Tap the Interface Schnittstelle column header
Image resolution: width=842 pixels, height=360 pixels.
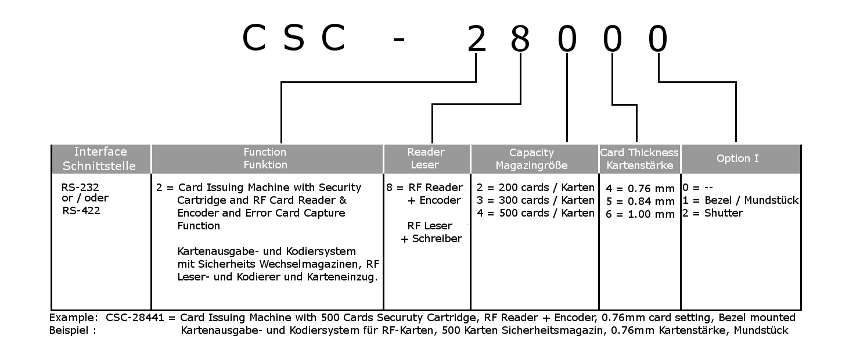point(100,159)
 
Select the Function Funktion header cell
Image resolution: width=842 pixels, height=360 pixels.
point(265,159)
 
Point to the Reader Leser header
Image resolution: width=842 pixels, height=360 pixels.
point(426,159)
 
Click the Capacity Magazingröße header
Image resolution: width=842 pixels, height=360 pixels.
point(531,159)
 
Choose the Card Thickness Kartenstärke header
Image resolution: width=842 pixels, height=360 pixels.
point(639,159)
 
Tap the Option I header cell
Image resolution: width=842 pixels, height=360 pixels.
point(737,159)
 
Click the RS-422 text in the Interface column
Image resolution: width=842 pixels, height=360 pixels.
point(81,211)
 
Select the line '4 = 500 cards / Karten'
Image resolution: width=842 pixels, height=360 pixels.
point(535,213)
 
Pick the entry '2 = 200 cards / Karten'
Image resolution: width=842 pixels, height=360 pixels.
point(535,188)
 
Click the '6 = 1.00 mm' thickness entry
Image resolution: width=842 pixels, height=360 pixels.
point(640,214)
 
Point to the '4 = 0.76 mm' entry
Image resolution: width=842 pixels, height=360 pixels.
point(640,189)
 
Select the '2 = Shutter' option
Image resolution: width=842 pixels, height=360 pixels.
point(713,213)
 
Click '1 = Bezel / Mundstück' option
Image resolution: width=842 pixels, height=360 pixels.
point(741,200)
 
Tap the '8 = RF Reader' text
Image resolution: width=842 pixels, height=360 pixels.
point(424,188)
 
